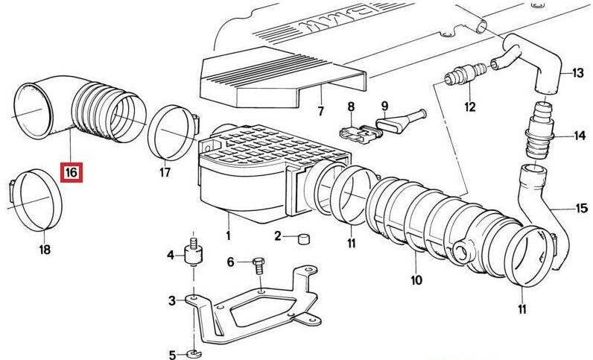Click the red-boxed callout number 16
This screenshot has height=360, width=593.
coord(71,173)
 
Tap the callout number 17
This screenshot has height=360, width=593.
coord(165,173)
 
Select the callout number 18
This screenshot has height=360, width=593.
coord(45,250)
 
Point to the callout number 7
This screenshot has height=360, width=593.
coord(320,111)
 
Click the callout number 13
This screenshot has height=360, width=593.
coord(578,72)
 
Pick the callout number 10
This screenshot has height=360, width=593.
coord(416,280)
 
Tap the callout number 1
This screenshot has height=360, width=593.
coord(228,236)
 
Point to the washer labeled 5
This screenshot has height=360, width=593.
coord(194,354)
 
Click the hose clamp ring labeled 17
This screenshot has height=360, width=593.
coord(172,133)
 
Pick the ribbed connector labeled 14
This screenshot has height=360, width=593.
coord(539,131)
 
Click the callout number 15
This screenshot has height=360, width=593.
coord(581,208)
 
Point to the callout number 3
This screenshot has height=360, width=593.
coord(172,301)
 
